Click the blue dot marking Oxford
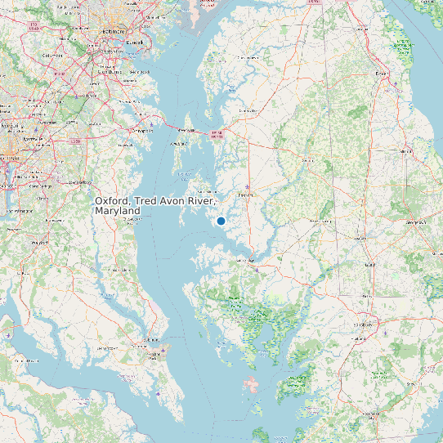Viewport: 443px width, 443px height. click(221, 221)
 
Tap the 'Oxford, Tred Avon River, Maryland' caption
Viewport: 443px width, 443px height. click(155, 205)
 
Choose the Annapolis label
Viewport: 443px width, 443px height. click(142, 129)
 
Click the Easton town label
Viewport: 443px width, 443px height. click(244, 196)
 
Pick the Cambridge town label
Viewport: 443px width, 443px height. click(246, 260)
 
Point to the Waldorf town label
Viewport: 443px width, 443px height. click(38, 244)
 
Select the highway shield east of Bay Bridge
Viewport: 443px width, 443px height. click(217, 135)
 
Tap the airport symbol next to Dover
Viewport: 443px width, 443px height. click(397, 83)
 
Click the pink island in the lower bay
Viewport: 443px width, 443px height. click(254, 385)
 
